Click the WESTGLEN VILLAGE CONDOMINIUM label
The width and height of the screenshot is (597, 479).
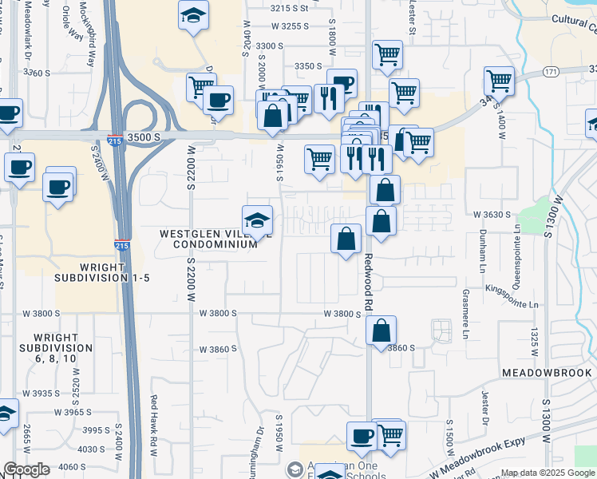click(x=209, y=239)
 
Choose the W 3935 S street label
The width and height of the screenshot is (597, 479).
click(x=41, y=394)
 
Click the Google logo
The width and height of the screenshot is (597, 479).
click(x=26, y=469)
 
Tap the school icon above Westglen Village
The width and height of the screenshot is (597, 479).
click(x=257, y=220)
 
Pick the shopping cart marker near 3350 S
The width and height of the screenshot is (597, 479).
click(x=387, y=55)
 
